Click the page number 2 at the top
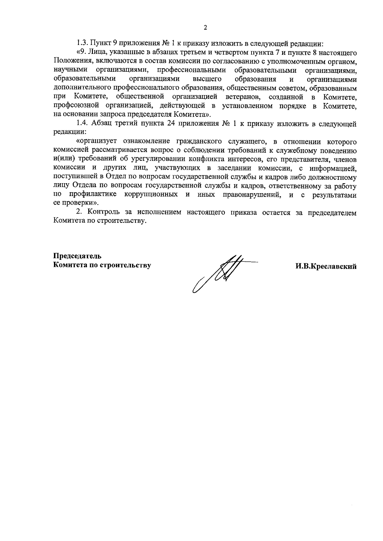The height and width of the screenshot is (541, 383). (x=205, y=28)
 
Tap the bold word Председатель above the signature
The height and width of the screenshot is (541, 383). (x=77, y=256)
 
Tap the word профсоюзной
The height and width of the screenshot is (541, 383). (x=72, y=106)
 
